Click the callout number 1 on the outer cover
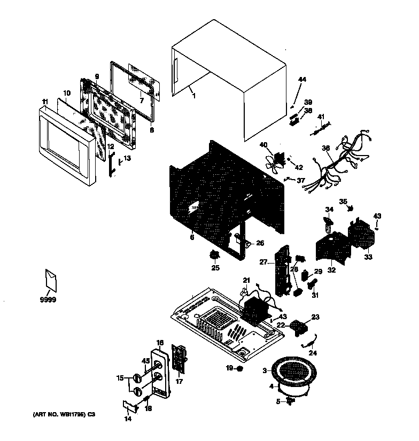(x=193, y=96)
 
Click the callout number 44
(x=302, y=80)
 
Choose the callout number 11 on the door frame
(x=45, y=101)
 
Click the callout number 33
(x=368, y=257)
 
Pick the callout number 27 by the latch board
(x=263, y=262)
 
